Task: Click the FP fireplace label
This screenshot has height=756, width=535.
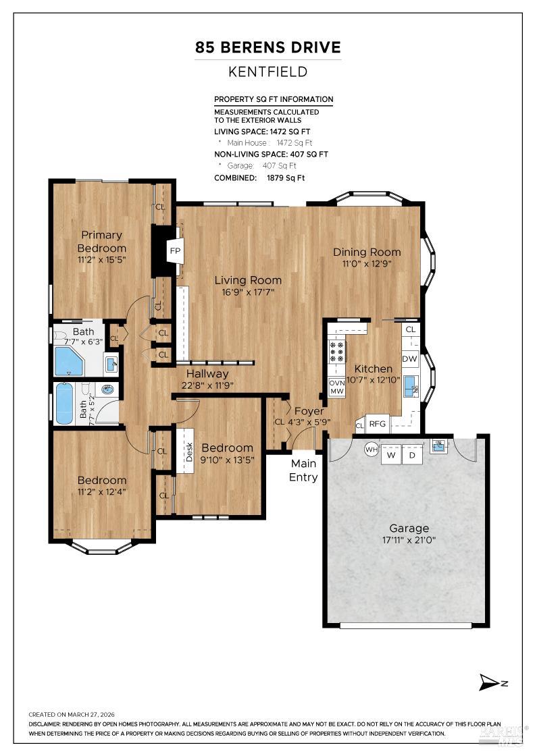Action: point(175,251)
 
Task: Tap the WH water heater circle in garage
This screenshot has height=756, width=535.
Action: point(371,449)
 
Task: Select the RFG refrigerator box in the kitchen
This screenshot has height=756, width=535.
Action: point(377,424)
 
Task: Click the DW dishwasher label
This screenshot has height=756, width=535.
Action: point(409,358)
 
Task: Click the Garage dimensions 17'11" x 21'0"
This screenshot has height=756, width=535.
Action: point(405,541)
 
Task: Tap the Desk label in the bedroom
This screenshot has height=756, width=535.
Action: point(188,452)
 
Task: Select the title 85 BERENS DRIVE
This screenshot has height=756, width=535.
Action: point(268,47)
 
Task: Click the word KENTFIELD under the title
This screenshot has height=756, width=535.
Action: point(268,72)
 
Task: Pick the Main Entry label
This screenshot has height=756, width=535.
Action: point(304,470)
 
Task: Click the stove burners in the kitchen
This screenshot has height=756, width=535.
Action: point(336,352)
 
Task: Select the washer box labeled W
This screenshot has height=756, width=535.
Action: point(390,456)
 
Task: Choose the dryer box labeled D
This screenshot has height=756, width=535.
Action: point(412,456)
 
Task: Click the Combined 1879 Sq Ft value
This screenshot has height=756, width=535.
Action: point(282,178)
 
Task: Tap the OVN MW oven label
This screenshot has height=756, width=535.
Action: point(336,387)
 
